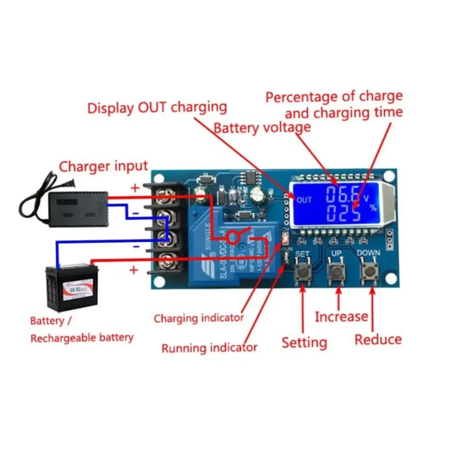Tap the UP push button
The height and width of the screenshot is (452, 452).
coord(337,270)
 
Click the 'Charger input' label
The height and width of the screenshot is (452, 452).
coord(103,166)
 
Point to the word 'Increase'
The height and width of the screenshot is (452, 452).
coord(341,316)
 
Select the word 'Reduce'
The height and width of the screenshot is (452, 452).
coord(378,339)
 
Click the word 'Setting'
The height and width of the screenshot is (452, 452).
coord(304,343)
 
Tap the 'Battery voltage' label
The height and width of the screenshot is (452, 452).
coord(262,128)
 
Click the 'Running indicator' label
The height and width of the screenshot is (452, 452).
coord(209,348)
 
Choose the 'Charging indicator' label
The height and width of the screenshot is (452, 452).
coord(199,318)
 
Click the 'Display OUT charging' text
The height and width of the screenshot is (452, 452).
coord(157,108)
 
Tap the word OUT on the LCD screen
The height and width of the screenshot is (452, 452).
coord(304,200)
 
